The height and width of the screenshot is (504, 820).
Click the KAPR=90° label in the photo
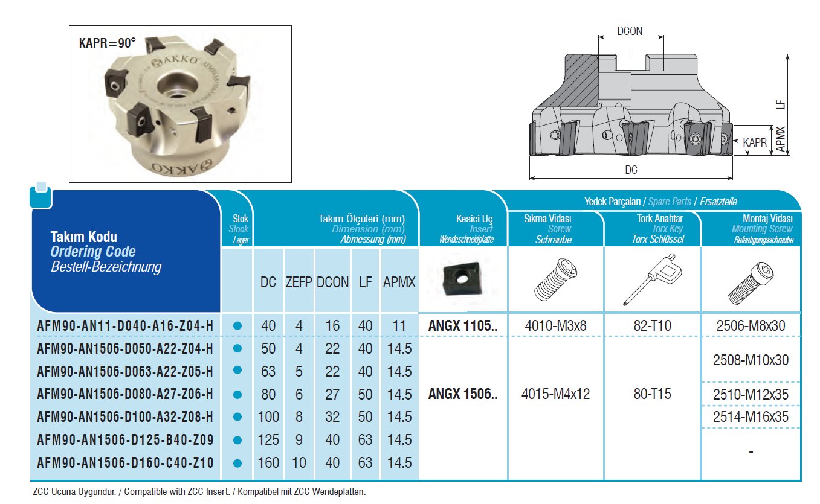click(108, 43)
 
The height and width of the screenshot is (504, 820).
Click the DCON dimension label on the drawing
click(630, 31)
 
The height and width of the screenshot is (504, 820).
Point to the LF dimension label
click(781, 104)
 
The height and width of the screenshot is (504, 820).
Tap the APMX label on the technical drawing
click(781, 139)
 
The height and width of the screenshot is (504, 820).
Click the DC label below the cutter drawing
click(631, 170)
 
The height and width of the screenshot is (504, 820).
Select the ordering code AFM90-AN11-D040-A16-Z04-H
click(125, 325)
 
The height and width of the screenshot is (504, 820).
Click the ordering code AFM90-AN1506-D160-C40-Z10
click(125, 463)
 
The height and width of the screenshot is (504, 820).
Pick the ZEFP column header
click(299, 282)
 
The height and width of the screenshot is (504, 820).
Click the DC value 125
click(268, 439)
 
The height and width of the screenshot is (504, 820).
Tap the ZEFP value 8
click(299, 417)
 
